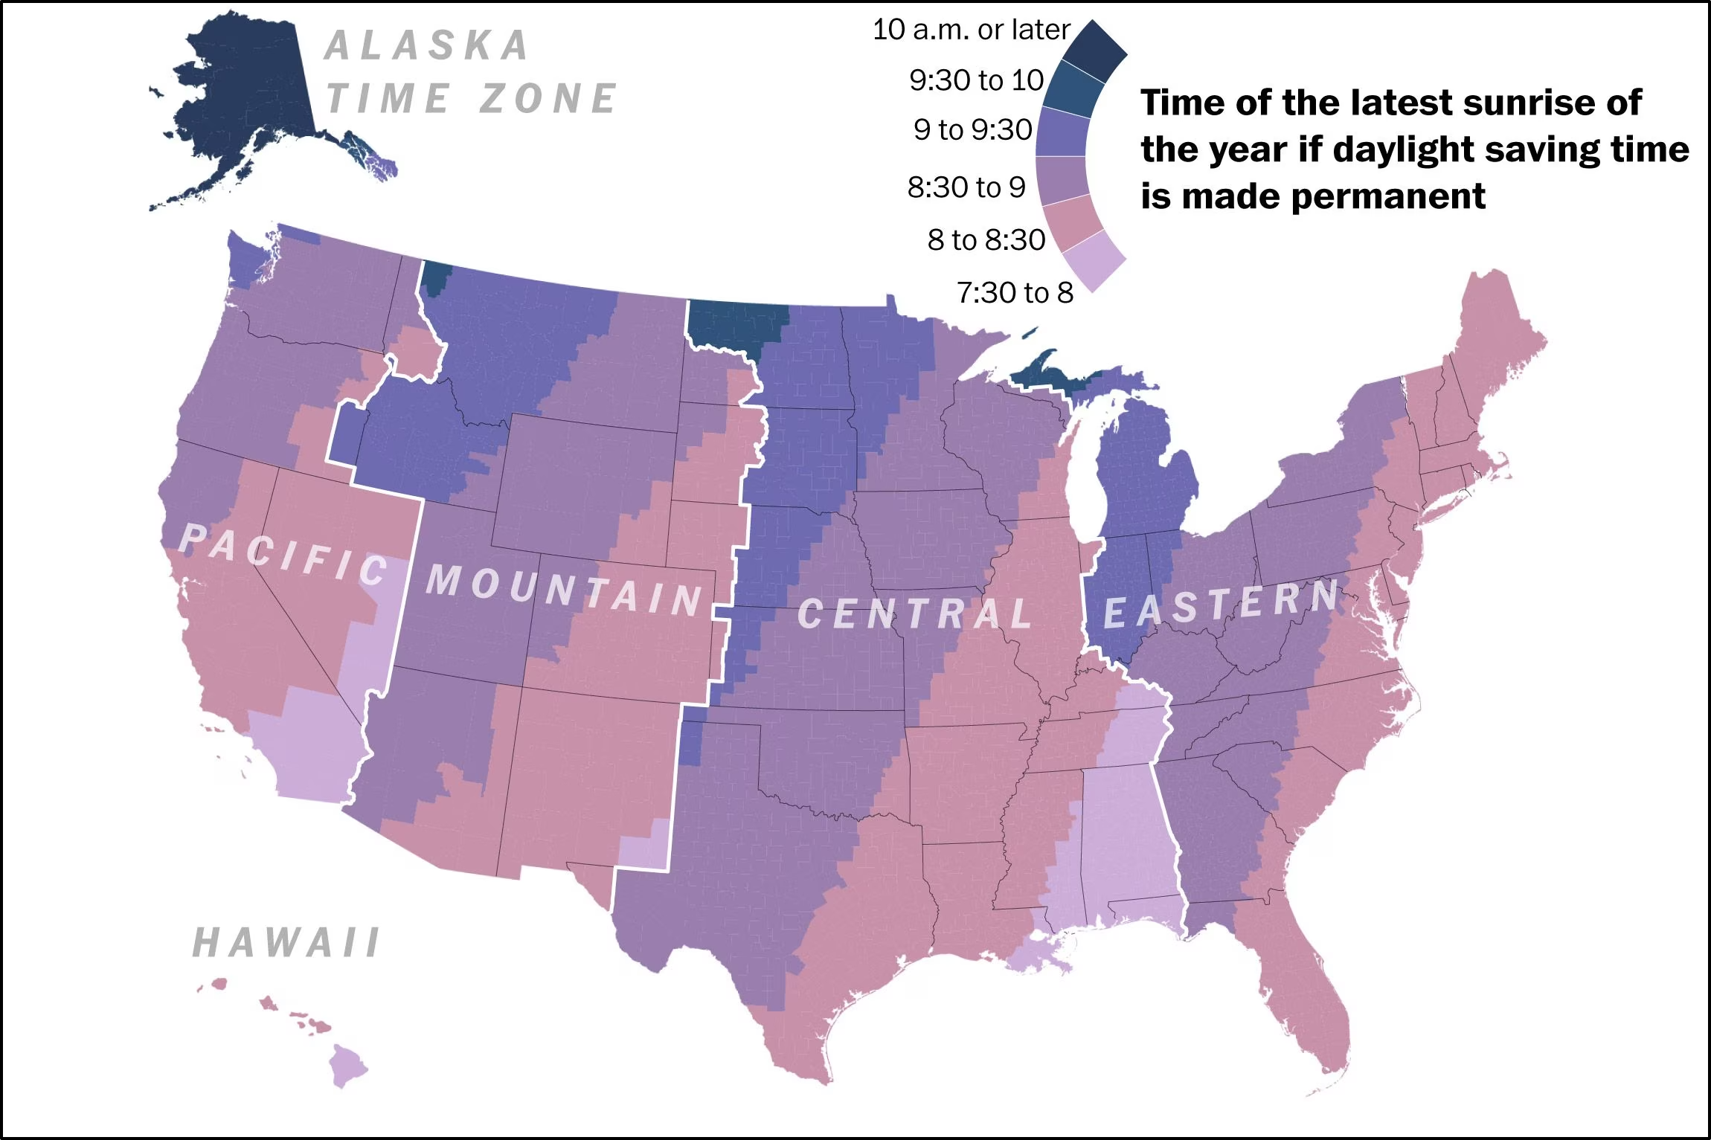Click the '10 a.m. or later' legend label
(971, 30)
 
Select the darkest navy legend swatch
(1094, 49)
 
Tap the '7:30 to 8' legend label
(1015, 293)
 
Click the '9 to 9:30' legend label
(972, 129)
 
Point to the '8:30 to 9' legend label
(966, 187)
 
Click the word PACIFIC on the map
(283, 555)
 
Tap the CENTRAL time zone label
(914, 614)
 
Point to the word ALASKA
(427, 45)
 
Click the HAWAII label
(286, 943)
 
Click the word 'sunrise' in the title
(1530, 103)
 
